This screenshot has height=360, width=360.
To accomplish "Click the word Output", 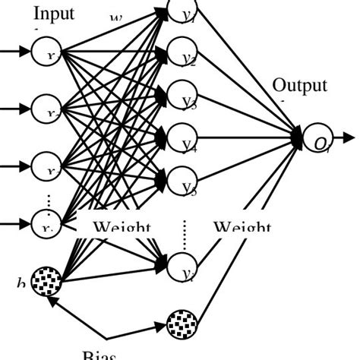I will click(300, 85).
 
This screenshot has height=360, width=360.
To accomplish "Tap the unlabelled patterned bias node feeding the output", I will click(182, 324).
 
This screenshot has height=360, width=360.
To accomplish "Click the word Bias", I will click(99, 355).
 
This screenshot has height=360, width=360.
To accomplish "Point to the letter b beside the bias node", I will click(21, 283).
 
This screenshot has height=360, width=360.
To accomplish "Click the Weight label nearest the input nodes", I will click(122, 227).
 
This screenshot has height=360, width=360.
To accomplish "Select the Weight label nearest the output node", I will click(242, 227).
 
